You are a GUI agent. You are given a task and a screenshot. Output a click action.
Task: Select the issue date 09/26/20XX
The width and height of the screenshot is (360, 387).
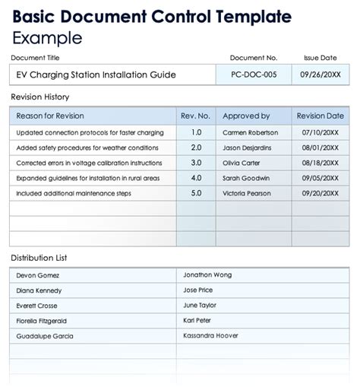click(320, 75)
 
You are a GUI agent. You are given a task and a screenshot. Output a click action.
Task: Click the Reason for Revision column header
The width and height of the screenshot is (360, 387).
click(49, 116)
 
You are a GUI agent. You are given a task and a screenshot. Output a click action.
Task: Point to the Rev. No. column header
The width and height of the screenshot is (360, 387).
click(195, 116)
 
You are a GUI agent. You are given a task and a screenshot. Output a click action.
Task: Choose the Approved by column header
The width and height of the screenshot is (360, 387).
click(245, 116)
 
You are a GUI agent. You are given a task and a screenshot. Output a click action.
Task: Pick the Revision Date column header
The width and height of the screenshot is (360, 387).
click(320, 116)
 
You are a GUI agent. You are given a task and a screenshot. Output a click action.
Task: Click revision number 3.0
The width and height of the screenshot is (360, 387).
click(196, 163)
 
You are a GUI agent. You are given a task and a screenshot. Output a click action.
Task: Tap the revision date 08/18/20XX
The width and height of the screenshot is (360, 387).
click(320, 163)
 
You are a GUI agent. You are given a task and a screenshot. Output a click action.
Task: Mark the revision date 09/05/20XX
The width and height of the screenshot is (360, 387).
click(320, 178)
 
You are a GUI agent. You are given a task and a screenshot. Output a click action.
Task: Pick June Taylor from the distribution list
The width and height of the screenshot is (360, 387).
click(201, 304)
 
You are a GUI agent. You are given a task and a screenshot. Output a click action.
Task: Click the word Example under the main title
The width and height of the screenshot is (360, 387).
click(47, 38)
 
